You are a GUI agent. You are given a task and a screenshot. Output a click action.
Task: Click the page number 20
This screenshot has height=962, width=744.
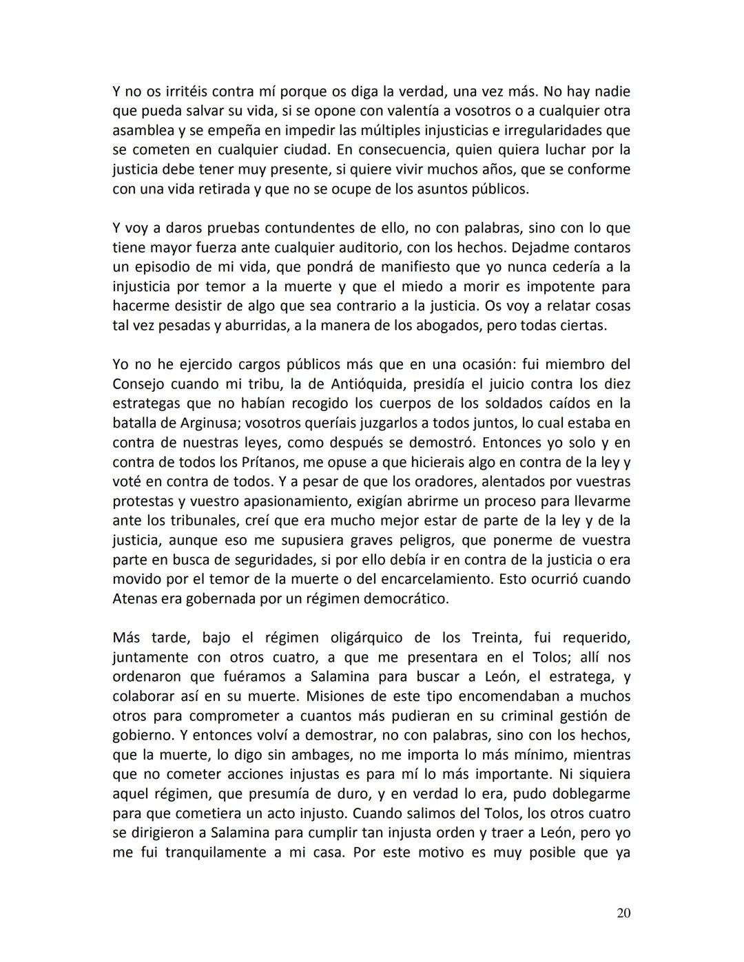point(623,913)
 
